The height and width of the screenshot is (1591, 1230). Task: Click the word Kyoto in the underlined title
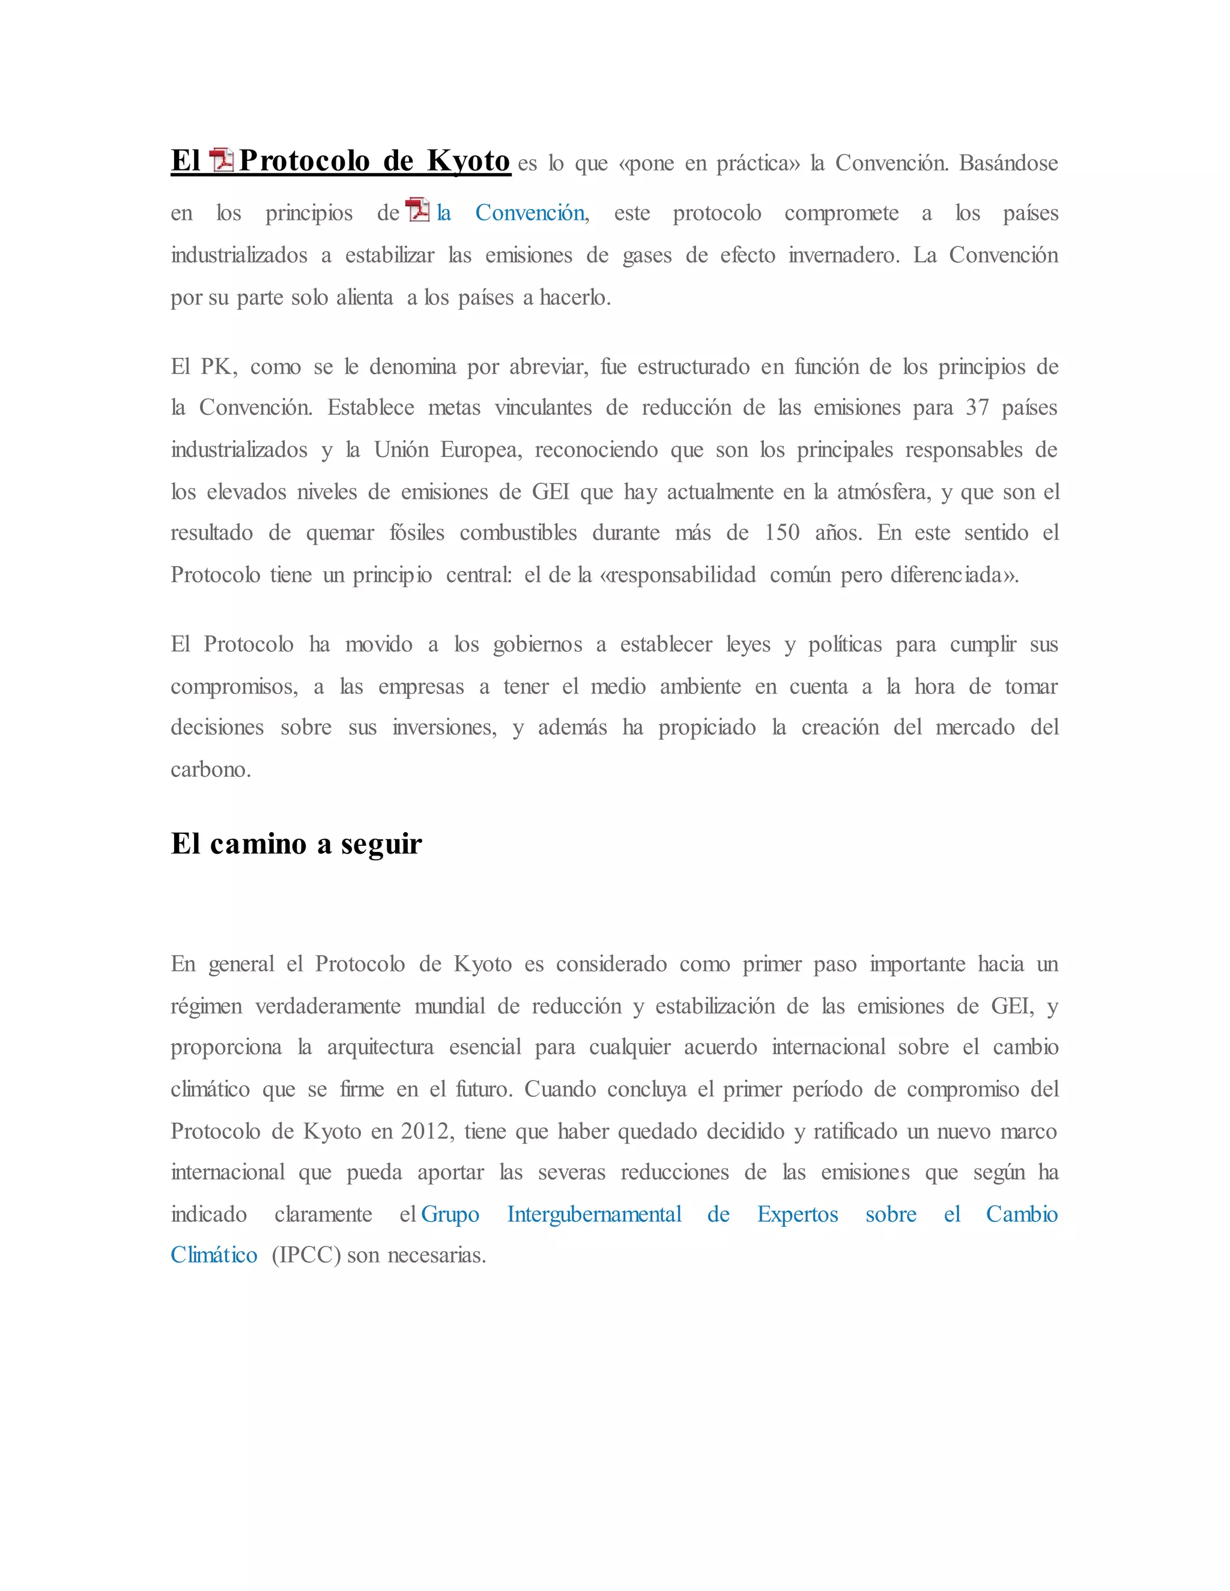(468, 161)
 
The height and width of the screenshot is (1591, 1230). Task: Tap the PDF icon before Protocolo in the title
(221, 160)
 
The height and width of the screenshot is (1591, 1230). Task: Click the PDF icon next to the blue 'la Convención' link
(417, 210)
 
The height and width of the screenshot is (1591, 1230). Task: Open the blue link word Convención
(530, 213)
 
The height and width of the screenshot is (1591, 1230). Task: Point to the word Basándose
(1008, 163)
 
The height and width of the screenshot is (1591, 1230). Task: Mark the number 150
(782, 533)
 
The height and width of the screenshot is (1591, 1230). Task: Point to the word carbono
(211, 769)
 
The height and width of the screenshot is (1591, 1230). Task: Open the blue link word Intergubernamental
(594, 1215)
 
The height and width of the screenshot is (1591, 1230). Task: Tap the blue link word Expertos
(797, 1215)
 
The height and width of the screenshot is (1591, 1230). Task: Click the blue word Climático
(213, 1255)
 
